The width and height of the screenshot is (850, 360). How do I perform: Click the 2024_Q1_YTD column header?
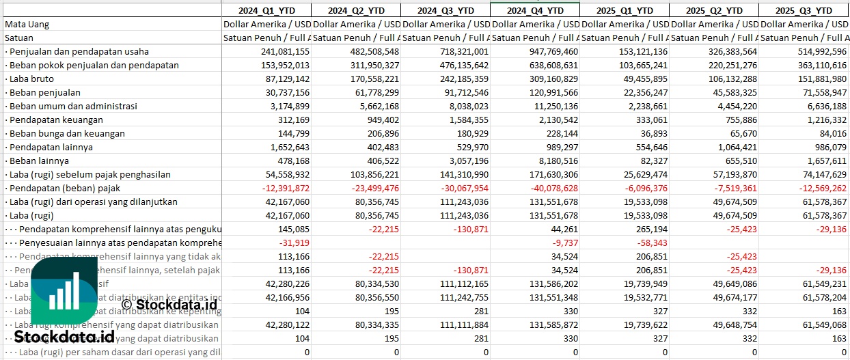click(x=266, y=10)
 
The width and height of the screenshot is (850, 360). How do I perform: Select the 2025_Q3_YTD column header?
click(x=804, y=10)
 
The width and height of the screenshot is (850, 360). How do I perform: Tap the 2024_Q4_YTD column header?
click(x=535, y=10)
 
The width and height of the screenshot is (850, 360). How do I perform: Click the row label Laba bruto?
click(x=32, y=79)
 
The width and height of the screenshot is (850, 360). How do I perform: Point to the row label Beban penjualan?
click(x=45, y=92)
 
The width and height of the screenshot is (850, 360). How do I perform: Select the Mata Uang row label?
click(x=27, y=24)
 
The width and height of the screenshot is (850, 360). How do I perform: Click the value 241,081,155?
click(x=285, y=51)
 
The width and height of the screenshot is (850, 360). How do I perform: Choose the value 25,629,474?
click(x=644, y=174)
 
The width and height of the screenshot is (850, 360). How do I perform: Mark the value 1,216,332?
click(x=824, y=120)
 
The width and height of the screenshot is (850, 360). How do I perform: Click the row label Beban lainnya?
click(x=39, y=161)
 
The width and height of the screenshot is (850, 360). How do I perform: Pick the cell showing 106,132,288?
click(x=731, y=79)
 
